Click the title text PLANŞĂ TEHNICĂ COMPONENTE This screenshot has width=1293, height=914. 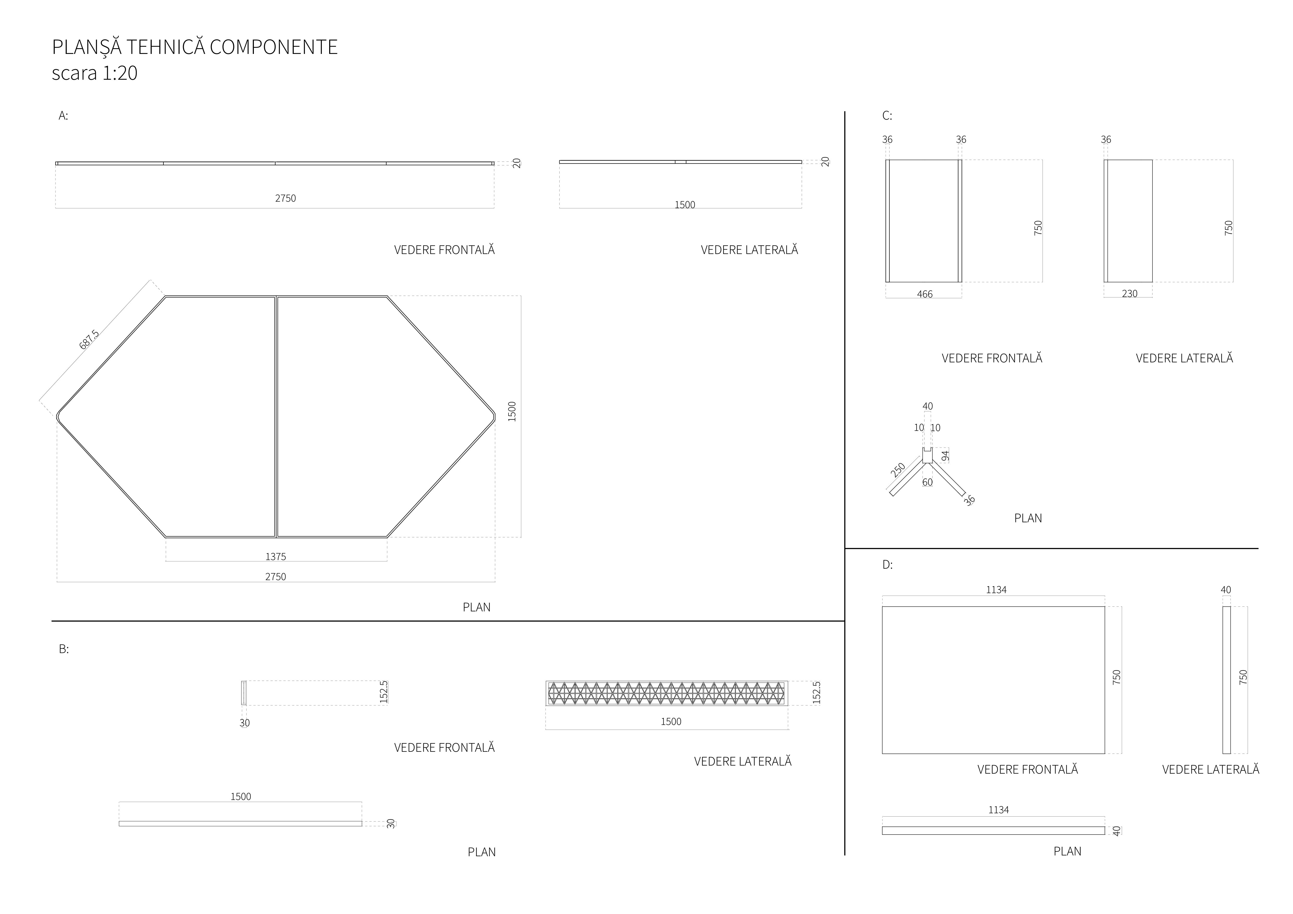195,47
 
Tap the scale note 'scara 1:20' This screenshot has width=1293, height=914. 95,73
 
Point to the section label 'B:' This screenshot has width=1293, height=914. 64,649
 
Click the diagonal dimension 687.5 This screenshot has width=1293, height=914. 89,339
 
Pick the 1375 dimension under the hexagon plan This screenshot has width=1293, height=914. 275,557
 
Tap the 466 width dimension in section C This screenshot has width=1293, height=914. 925,294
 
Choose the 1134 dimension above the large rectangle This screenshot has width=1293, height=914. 996,590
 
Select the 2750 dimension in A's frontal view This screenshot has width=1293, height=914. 285,198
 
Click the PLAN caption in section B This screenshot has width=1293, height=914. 481,852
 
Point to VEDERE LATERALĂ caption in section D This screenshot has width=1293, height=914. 1210,769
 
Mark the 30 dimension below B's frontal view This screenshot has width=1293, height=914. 244,723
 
